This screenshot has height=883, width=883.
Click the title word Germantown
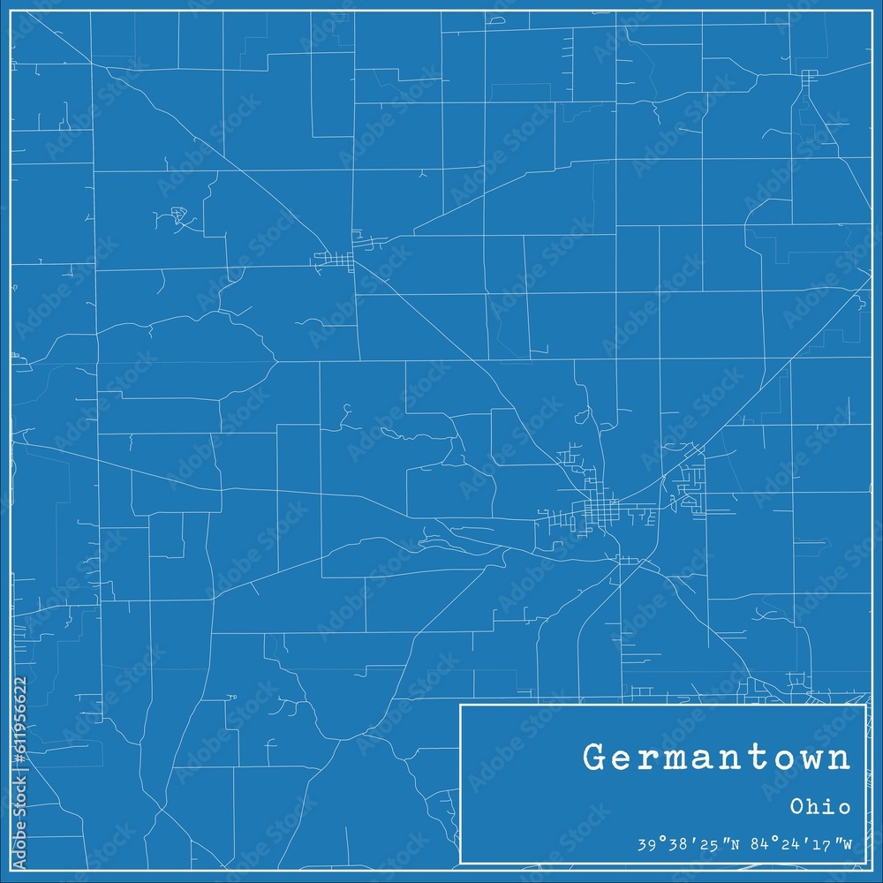pyautogui.click(x=717, y=758)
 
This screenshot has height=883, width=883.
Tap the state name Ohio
pyautogui.click(x=820, y=806)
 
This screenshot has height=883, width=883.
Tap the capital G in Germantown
pyautogui.click(x=594, y=758)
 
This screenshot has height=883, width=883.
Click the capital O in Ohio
pyautogui.click(x=795, y=806)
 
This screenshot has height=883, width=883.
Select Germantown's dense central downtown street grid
pyautogui.click(x=593, y=510)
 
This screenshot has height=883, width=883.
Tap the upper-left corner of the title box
pyautogui.click(x=461, y=706)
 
